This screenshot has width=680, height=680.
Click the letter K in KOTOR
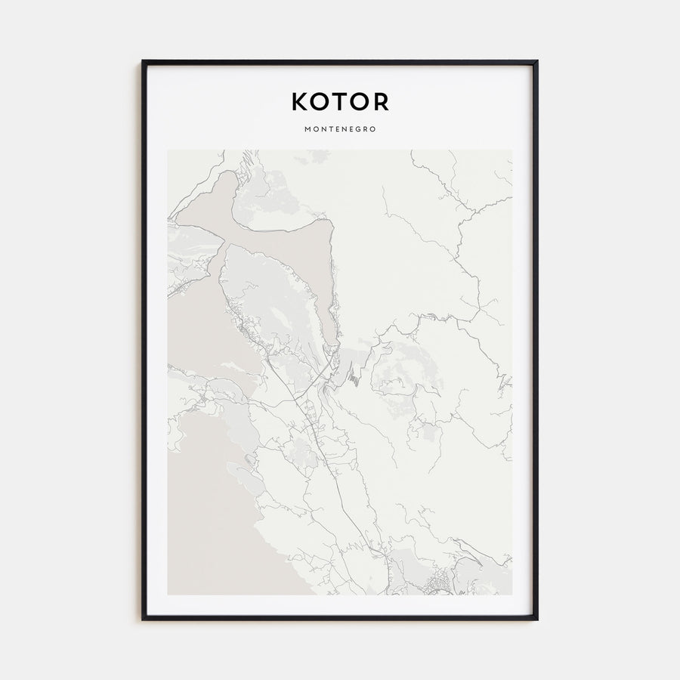click(300, 101)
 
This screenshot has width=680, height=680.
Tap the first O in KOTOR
click(322, 101)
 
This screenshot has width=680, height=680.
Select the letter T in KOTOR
click(342, 101)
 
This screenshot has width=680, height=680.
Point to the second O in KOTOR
click(361, 101)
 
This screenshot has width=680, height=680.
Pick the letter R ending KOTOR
click(382, 101)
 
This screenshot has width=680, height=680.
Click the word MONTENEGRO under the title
click(340, 129)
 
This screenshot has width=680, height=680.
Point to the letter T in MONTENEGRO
click(329, 129)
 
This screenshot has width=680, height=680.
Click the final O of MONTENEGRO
click(372, 129)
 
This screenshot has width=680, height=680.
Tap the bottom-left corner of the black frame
click(142, 620)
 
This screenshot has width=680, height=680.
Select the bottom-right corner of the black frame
click(537, 620)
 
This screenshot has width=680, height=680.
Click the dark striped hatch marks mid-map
click(354, 375)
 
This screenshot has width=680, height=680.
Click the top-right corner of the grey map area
click(512, 150)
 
